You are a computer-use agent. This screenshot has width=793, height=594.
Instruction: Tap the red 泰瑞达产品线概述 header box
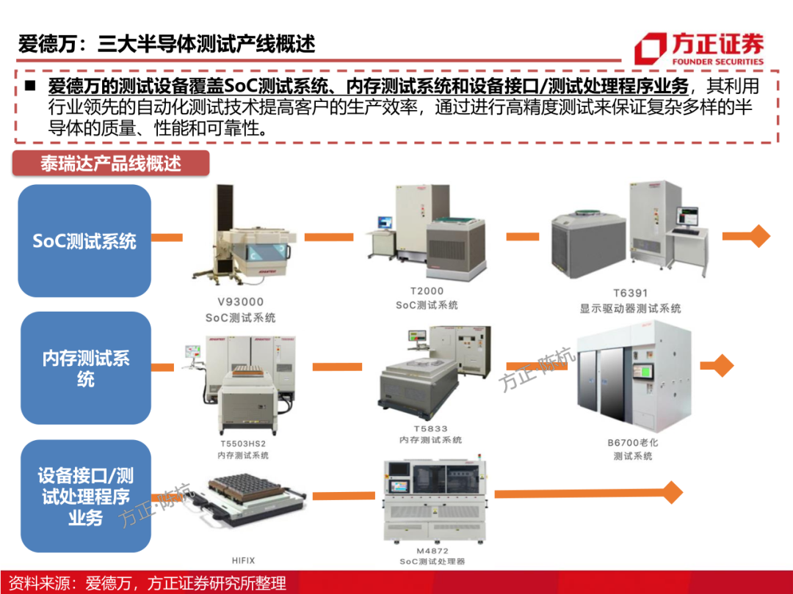pos(111,163)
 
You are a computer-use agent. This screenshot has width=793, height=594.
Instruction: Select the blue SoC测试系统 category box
pos(84,241)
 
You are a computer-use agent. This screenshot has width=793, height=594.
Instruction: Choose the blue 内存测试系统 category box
pos(85,368)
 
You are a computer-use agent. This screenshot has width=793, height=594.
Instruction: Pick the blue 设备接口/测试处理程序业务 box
pos(85,496)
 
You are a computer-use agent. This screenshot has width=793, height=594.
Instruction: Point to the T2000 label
pos(427,290)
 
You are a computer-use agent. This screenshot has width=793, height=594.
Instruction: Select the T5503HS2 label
pos(243,444)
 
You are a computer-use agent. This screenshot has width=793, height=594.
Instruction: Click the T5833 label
pos(430,428)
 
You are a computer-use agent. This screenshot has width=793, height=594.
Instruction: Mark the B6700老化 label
pos(632,442)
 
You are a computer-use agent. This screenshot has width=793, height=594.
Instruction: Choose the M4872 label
pos(432,550)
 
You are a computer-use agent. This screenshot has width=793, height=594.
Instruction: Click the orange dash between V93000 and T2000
pos(328,237)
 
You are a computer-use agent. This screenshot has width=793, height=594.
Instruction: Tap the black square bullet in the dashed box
pos(29,85)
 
